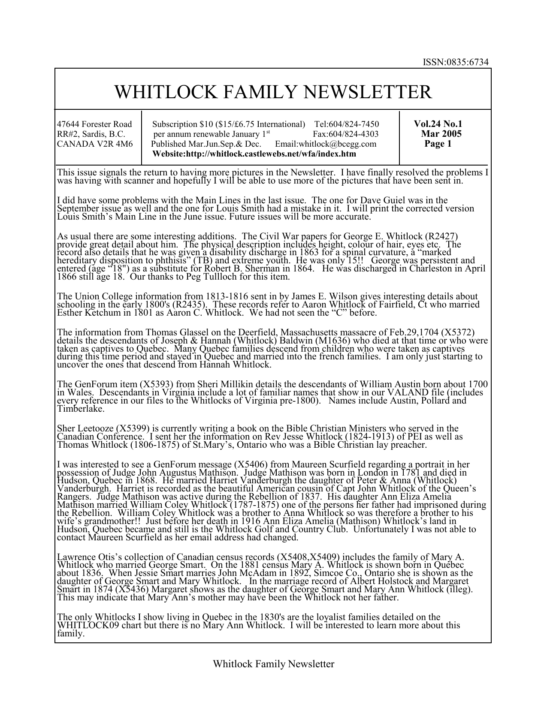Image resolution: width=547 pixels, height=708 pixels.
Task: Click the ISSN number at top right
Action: (x=456, y=62)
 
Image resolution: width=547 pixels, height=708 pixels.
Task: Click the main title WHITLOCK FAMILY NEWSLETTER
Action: (x=273, y=92)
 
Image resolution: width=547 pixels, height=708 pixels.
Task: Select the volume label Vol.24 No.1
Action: (x=438, y=124)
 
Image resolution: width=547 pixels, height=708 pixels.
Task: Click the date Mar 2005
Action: (x=441, y=134)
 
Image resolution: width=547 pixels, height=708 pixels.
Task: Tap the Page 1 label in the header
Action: (x=438, y=144)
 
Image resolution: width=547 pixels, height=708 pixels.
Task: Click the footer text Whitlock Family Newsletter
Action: (x=273, y=664)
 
